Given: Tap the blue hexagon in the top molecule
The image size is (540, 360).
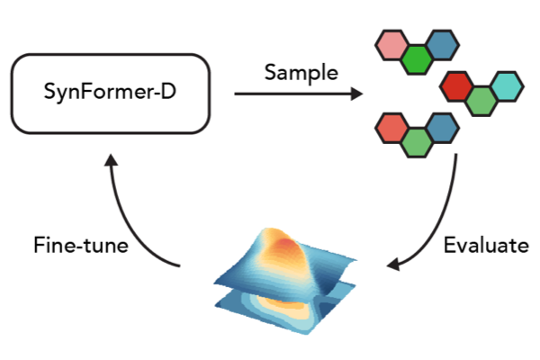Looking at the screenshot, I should coord(441,44).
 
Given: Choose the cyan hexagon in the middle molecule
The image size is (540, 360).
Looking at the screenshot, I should coord(506,86).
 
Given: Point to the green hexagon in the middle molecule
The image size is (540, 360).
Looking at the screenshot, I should coord(481,100).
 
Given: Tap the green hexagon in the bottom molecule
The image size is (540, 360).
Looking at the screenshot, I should coord(416,142).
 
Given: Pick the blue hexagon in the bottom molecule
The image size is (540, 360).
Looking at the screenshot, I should coord(441,128).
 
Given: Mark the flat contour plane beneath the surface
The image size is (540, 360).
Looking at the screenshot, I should coord(270,315).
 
